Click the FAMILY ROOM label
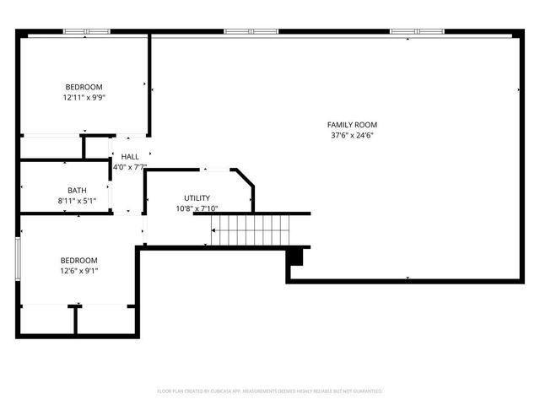click(x=352, y=125)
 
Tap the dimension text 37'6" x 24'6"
click(x=352, y=135)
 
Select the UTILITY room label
click(x=197, y=198)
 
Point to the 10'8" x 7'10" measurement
click(x=197, y=208)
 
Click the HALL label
click(x=130, y=157)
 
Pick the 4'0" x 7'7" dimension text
click(x=130, y=167)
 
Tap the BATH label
click(x=77, y=191)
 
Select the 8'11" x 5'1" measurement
click(x=77, y=201)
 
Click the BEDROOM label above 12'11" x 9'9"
click(x=84, y=87)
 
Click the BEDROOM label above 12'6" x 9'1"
click(x=78, y=261)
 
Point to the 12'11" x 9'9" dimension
click(x=84, y=97)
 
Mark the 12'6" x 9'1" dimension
click(x=78, y=271)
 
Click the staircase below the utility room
click(x=250, y=229)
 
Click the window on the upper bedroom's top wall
click(x=87, y=32)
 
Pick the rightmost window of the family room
click(x=417, y=32)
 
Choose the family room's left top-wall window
click(x=251, y=32)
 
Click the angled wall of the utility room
click(x=244, y=181)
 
